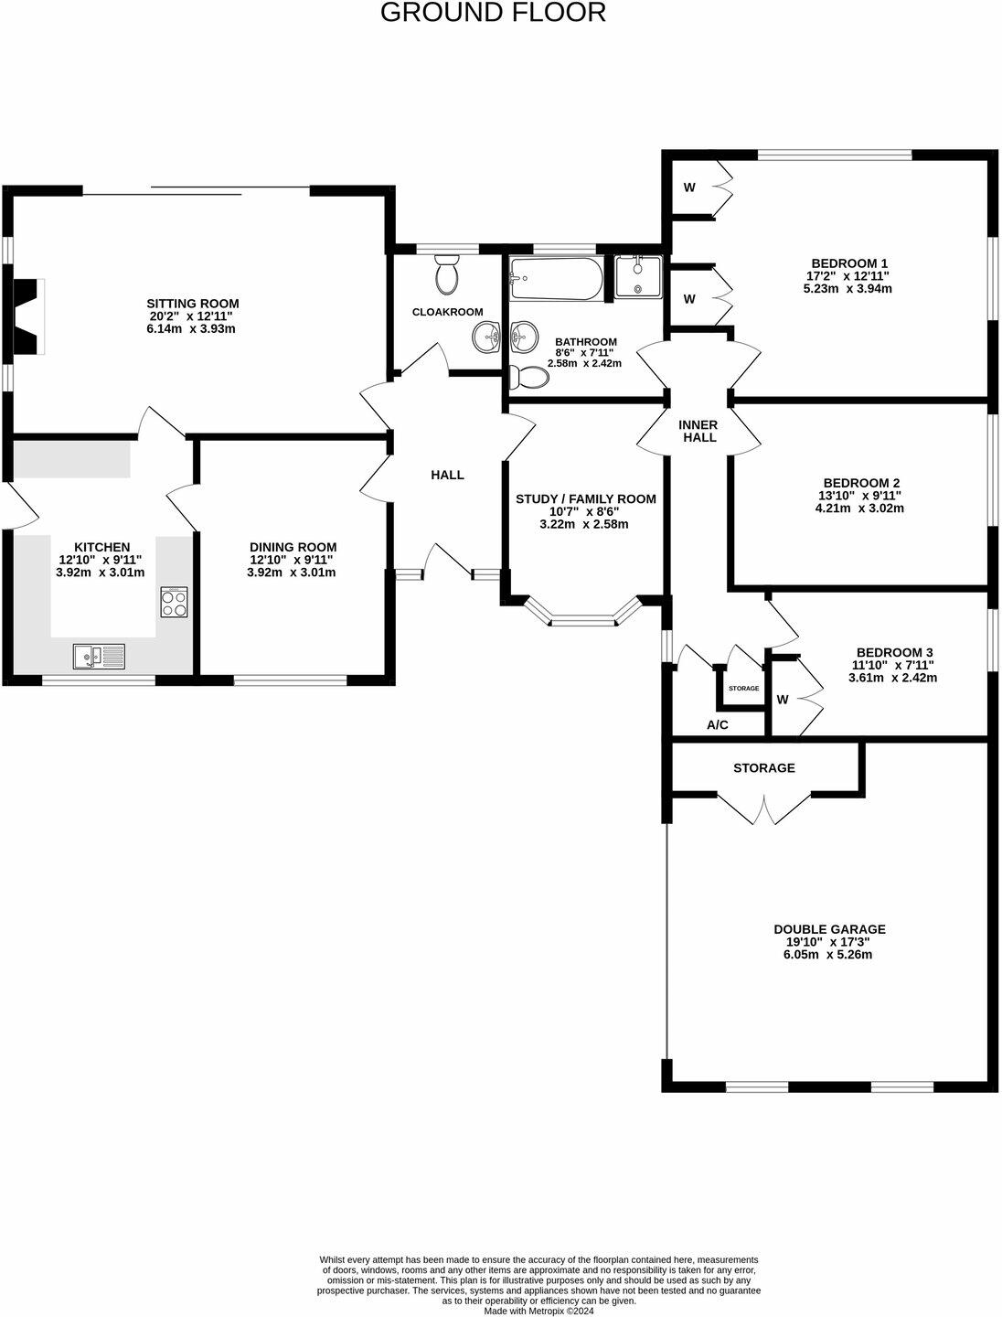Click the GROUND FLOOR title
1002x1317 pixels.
pos(493,13)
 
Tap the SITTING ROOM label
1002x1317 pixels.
pos(193,304)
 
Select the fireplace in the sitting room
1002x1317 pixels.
pos(27,316)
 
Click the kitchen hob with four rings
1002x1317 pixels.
pos(174,603)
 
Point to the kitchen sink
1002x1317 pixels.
pos(99,656)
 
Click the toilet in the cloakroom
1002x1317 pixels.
pos(447,275)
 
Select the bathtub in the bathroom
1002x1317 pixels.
pos(556,279)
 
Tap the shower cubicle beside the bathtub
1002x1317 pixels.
pos(638,276)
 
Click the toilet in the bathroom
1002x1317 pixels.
pos(528,376)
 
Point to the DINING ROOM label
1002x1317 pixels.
pos(293,547)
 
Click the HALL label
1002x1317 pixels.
pos(447,475)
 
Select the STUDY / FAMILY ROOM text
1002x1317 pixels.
pos(585,498)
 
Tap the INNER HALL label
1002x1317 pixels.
pos(698,431)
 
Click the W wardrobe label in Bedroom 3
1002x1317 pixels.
pos(782,700)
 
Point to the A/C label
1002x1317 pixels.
pos(717,725)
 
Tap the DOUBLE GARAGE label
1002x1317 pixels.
pos(829,928)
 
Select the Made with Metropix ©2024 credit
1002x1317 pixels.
pos(538,1310)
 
